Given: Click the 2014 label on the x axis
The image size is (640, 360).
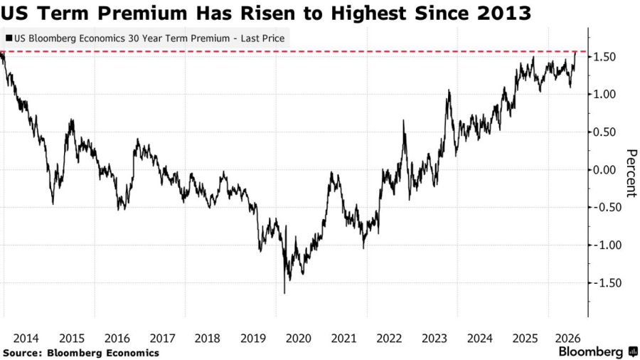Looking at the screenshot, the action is pyautogui.click(x=26, y=339).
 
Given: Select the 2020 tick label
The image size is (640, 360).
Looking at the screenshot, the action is pyautogui.click(x=299, y=339).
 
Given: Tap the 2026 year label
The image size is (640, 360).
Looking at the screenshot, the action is pyautogui.click(x=567, y=339).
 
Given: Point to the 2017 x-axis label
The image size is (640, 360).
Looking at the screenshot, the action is pyautogui.click(x=162, y=339).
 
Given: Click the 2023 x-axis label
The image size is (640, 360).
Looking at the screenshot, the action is pyautogui.click(x=434, y=339).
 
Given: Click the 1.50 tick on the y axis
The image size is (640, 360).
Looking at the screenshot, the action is pyautogui.click(x=604, y=57).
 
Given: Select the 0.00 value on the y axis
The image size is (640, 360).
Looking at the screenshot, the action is pyautogui.click(x=604, y=170).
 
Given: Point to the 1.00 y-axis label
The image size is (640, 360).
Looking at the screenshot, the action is pyautogui.click(x=604, y=95).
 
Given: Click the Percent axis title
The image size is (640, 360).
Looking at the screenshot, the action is pyautogui.click(x=631, y=173).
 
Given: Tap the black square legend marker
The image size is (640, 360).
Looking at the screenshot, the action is pyautogui.click(x=9, y=38).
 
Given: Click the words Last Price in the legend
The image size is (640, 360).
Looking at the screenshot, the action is pyautogui.click(x=262, y=38).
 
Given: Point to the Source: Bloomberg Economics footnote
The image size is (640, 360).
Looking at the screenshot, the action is pyautogui.click(x=81, y=353).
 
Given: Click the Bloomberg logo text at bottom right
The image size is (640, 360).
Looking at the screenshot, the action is pyautogui.click(x=591, y=352).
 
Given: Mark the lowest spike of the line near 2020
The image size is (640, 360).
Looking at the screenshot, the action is pyautogui.click(x=284, y=292).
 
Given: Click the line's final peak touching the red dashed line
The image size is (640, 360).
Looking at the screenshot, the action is pyautogui.click(x=575, y=53).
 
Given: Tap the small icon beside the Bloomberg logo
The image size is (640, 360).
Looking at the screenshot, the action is pyautogui.click(x=633, y=351).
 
